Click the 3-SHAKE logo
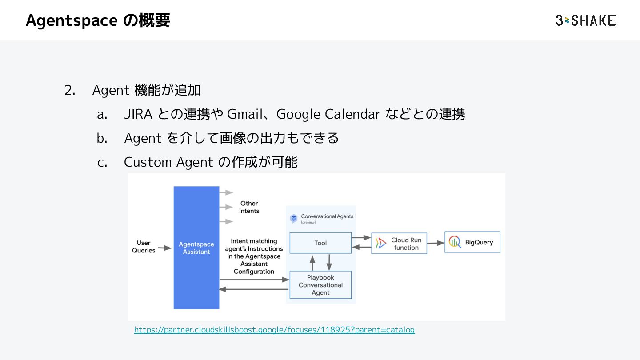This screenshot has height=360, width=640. tap(585, 20)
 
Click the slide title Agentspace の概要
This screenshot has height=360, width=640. tap(98, 20)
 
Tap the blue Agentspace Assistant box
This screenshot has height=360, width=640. tap(196, 248)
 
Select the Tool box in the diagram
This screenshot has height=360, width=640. tap(320, 243)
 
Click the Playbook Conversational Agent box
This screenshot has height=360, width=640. tap(320, 285)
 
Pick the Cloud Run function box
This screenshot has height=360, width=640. tap(399, 243)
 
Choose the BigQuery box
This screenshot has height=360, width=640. tap(472, 242)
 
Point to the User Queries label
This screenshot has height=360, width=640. tap(144, 247)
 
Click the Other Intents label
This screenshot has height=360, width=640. tap(249, 207)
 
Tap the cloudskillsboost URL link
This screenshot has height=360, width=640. tap(274, 330)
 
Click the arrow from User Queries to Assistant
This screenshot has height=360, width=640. tap(165, 248)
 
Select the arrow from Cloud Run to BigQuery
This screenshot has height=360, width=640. tap(436, 243)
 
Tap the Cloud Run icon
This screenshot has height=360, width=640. tap(381, 243)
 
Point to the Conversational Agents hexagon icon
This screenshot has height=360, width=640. tap(293, 218)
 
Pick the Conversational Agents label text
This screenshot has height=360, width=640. tap(327, 216)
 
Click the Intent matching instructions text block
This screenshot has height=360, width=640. tap(254, 256)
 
